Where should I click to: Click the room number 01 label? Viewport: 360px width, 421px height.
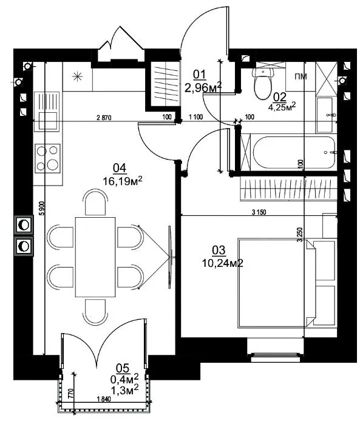200,75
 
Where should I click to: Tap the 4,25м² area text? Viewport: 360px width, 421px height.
282,106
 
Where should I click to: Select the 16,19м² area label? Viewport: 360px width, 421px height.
123,181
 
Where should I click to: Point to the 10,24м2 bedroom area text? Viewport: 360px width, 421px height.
223,263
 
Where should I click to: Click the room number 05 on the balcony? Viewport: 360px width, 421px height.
122,368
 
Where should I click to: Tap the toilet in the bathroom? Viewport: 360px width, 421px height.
263,83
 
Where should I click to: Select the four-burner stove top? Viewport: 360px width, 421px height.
47,158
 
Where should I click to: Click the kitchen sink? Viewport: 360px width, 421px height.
47,112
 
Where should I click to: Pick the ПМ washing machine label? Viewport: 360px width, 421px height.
301,76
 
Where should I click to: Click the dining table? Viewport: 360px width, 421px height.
95,257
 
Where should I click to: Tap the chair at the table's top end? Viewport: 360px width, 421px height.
95,203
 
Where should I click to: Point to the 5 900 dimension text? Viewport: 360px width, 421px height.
42,208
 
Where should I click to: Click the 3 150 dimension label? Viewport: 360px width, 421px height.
259,212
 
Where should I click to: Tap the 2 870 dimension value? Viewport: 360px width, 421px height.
104,117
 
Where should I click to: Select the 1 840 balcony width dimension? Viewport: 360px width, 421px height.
103,399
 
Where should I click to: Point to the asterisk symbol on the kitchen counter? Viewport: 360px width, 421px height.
77,77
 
